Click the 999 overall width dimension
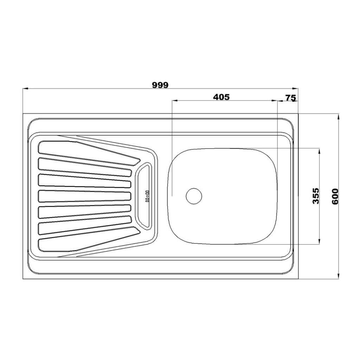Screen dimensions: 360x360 [x=160, y=85]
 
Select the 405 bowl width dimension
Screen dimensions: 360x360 [x=221, y=97]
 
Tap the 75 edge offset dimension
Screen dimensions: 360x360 [x=290, y=98]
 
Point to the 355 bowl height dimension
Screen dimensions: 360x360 [x=316, y=196]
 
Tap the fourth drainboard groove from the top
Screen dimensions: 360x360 [x=84, y=196]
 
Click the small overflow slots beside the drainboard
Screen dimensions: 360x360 [x=147, y=196]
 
